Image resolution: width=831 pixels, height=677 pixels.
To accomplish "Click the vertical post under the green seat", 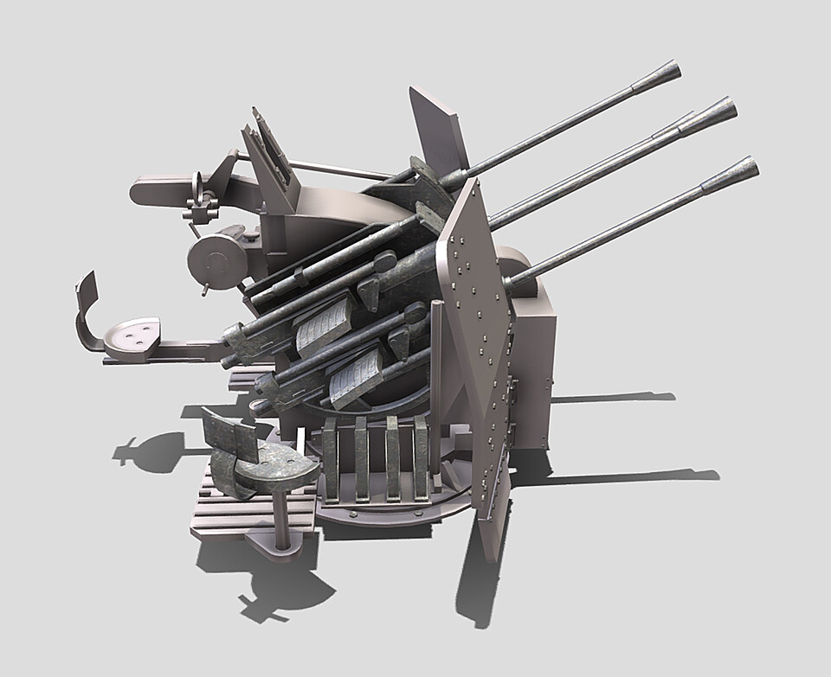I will tap(282, 520).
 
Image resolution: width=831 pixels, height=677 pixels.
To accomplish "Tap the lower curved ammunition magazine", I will tap(355, 377).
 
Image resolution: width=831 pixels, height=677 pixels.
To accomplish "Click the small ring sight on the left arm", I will tap(198, 186).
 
